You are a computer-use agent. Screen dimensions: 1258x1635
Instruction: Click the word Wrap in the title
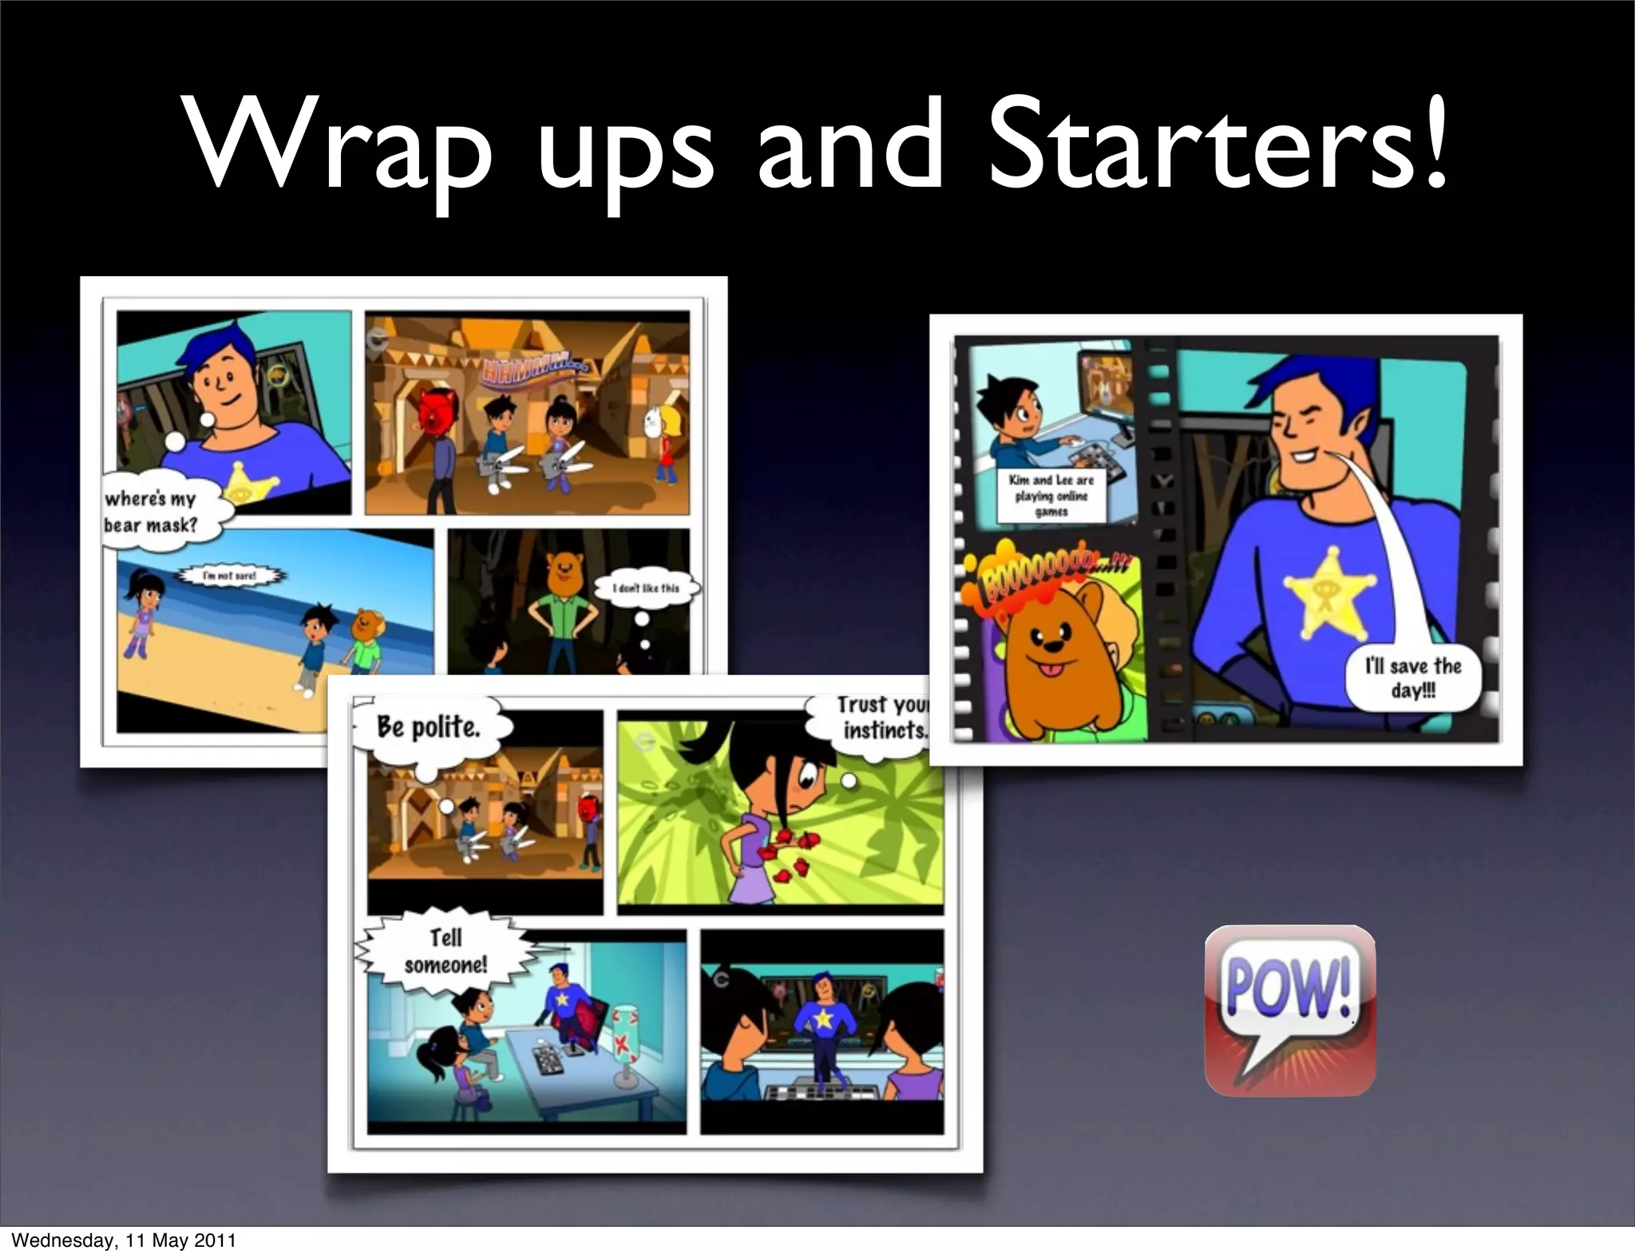click(x=335, y=146)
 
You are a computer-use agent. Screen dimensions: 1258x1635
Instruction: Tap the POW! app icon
click(x=1289, y=1009)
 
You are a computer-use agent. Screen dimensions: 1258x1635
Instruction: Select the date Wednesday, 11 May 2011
click(x=124, y=1240)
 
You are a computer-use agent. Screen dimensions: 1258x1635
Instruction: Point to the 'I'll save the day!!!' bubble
click(x=1413, y=678)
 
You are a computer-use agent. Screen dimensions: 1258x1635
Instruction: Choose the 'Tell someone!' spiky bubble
click(x=445, y=951)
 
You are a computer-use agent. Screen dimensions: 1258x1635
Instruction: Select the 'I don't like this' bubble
click(x=646, y=588)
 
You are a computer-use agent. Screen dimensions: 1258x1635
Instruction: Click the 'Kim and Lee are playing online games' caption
click(x=1051, y=496)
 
